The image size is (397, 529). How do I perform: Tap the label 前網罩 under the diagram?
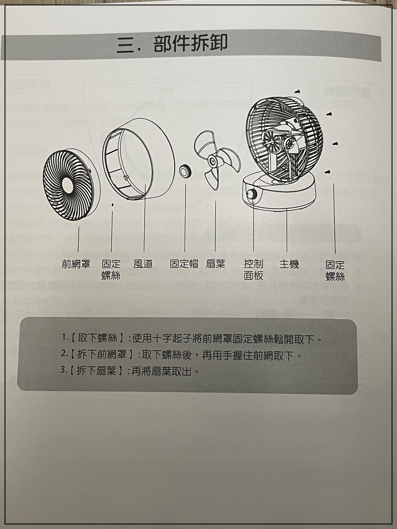tap(76, 264)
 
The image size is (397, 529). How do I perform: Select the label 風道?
tap(143, 264)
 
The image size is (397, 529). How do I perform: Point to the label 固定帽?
tap(184, 264)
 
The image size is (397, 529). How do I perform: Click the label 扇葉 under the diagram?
tap(215, 264)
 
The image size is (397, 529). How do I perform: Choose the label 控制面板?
tap(253, 270)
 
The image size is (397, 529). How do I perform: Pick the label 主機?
tap(289, 264)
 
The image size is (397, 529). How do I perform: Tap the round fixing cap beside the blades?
tap(185, 171)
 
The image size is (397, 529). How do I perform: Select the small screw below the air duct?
tap(112, 205)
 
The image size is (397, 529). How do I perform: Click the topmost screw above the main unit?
tap(298, 92)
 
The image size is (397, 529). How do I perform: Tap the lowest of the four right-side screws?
tap(327, 172)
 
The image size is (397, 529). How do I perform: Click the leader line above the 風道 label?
tap(144, 218)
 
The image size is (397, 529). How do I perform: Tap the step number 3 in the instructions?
tap(63, 370)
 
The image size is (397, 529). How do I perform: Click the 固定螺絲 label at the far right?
tap(335, 270)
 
